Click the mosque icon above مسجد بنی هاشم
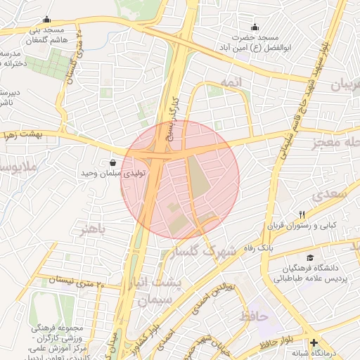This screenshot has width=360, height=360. click(46, 20)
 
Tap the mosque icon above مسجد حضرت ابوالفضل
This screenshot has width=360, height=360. click(255, 27)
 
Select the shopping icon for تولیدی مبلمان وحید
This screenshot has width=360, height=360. click(113, 162)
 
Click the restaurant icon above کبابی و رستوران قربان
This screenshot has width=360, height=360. click(302, 214)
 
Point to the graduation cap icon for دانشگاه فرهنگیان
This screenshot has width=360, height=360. click(310, 257)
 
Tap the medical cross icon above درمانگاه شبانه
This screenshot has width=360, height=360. click(313, 342)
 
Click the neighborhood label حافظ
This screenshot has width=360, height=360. click(254, 316)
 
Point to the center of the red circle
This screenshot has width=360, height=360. click(180, 179)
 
